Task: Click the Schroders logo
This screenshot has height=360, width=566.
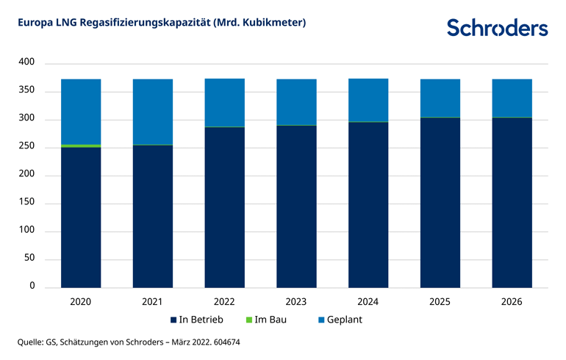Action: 497,27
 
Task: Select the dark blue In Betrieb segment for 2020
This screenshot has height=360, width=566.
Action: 81,217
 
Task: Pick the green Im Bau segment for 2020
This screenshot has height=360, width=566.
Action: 81,146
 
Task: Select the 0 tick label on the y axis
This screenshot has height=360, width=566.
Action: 32,287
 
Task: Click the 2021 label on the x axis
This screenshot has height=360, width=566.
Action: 153,300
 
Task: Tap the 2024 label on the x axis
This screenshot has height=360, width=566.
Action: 368,300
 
